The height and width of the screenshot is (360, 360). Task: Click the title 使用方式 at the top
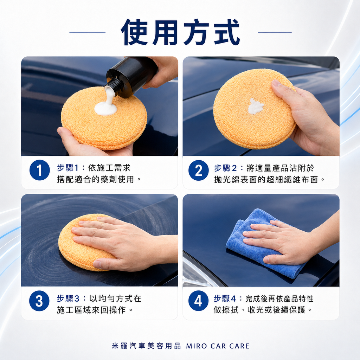[180, 32]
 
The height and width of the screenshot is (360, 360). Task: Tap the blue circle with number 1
[39, 170]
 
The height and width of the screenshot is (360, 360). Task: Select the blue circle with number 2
[199, 171]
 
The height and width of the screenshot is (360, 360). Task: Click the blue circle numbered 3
[39, 301]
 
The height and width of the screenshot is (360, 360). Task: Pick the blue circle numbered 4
[198, 301]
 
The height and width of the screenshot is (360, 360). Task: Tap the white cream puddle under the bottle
[105, 108]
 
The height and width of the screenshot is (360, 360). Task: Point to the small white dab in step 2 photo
[256, 106]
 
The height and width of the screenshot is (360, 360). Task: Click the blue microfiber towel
[264, 243]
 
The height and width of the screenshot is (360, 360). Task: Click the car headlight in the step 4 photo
[198, 273]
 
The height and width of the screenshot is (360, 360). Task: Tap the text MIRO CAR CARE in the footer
[218, 346]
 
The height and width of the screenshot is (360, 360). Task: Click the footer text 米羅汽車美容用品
[146, 346]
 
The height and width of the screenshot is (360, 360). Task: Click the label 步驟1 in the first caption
[68, 168]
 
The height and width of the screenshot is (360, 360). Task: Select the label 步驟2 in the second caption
[225, 168]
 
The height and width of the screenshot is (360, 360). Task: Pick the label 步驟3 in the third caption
[68, 298]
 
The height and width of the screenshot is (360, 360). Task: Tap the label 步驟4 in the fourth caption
[225, 298]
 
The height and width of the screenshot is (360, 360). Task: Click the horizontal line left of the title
[88, 33]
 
